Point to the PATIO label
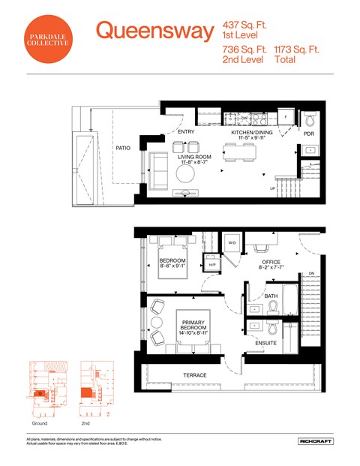point(123,149)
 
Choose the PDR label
point(309,134)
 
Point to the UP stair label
point(273,188)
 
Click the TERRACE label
point(195,375)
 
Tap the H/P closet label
point(212,264)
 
